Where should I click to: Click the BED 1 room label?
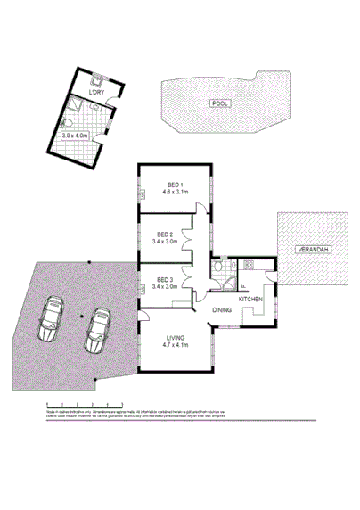pos(175,185)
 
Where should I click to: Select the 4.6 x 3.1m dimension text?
pos(175,193)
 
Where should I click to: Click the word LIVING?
pos(176,336)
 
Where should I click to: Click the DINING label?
pos(223,309)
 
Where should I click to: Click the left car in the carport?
pos(52,319)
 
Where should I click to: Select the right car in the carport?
pos(98,331)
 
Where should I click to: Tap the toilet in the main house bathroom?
pos(217,265)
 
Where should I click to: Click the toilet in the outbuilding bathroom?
pos(70,122)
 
